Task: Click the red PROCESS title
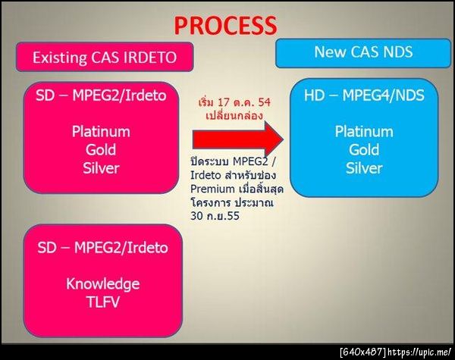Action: [226, 25]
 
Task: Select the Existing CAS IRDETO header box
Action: [105, 57]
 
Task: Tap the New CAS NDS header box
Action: [363, 53]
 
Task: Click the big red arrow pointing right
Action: [238, 139]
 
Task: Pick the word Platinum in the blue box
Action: [364, 132]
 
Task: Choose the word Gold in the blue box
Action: [364, 150]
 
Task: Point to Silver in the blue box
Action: [364, 168]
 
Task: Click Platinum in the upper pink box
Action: [101, 132]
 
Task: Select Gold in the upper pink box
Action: [101, 150]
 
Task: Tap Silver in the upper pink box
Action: [101, 168]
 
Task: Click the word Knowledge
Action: [102, 283]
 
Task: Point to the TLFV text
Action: [102, 302]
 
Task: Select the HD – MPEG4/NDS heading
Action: [364, 95]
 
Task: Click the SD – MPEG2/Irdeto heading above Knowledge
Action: [102, 248]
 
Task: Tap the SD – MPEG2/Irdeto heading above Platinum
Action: [101, 95]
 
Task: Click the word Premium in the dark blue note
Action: [212, 189]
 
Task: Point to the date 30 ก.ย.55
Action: [215, 216]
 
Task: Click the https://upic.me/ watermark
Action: [420, 352]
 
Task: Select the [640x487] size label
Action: [363, 352]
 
